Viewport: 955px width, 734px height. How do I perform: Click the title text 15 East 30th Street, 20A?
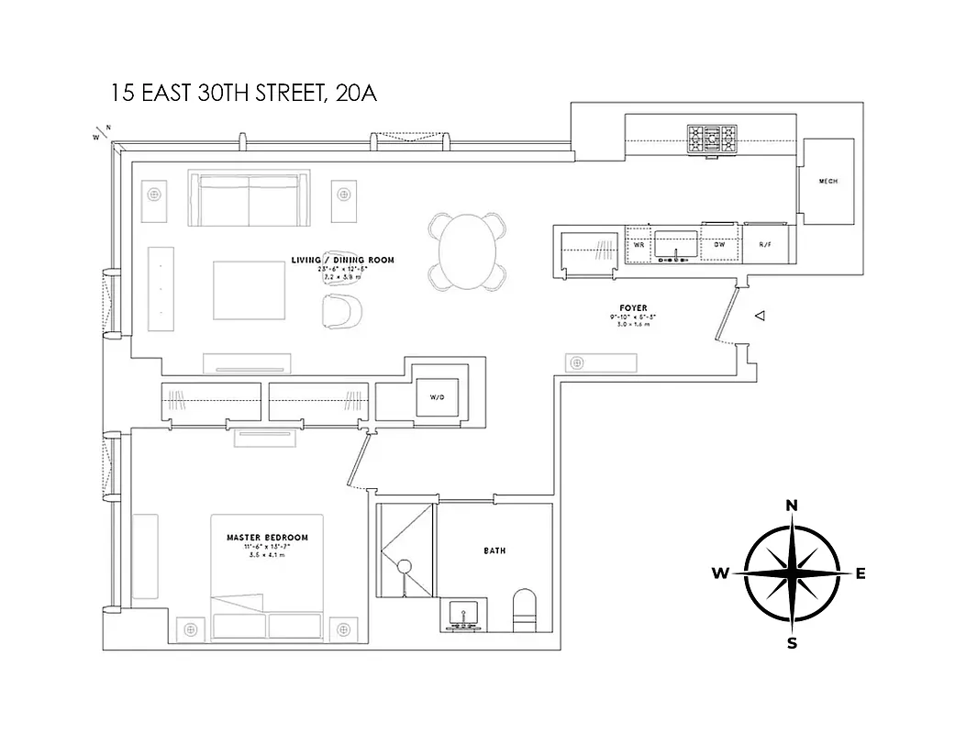[244, 93]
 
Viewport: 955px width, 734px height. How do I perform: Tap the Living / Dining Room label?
[342, 260]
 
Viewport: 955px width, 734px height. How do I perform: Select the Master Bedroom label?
[267, 537]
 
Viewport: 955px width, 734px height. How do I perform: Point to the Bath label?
[494, 550]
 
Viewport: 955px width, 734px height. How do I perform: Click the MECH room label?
[827, 181]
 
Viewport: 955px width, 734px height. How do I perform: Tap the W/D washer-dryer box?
[437, 398]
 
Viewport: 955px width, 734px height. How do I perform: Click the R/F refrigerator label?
[765, 245]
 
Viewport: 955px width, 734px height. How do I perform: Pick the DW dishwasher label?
[720, 245]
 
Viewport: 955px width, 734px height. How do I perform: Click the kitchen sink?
[676, 245]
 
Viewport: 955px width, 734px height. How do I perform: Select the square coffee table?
[249, 286]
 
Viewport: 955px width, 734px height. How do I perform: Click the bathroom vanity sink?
[463, 613]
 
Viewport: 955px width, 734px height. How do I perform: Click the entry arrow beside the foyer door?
[759, 316]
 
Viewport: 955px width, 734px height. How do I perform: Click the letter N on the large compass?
[792, 505]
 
